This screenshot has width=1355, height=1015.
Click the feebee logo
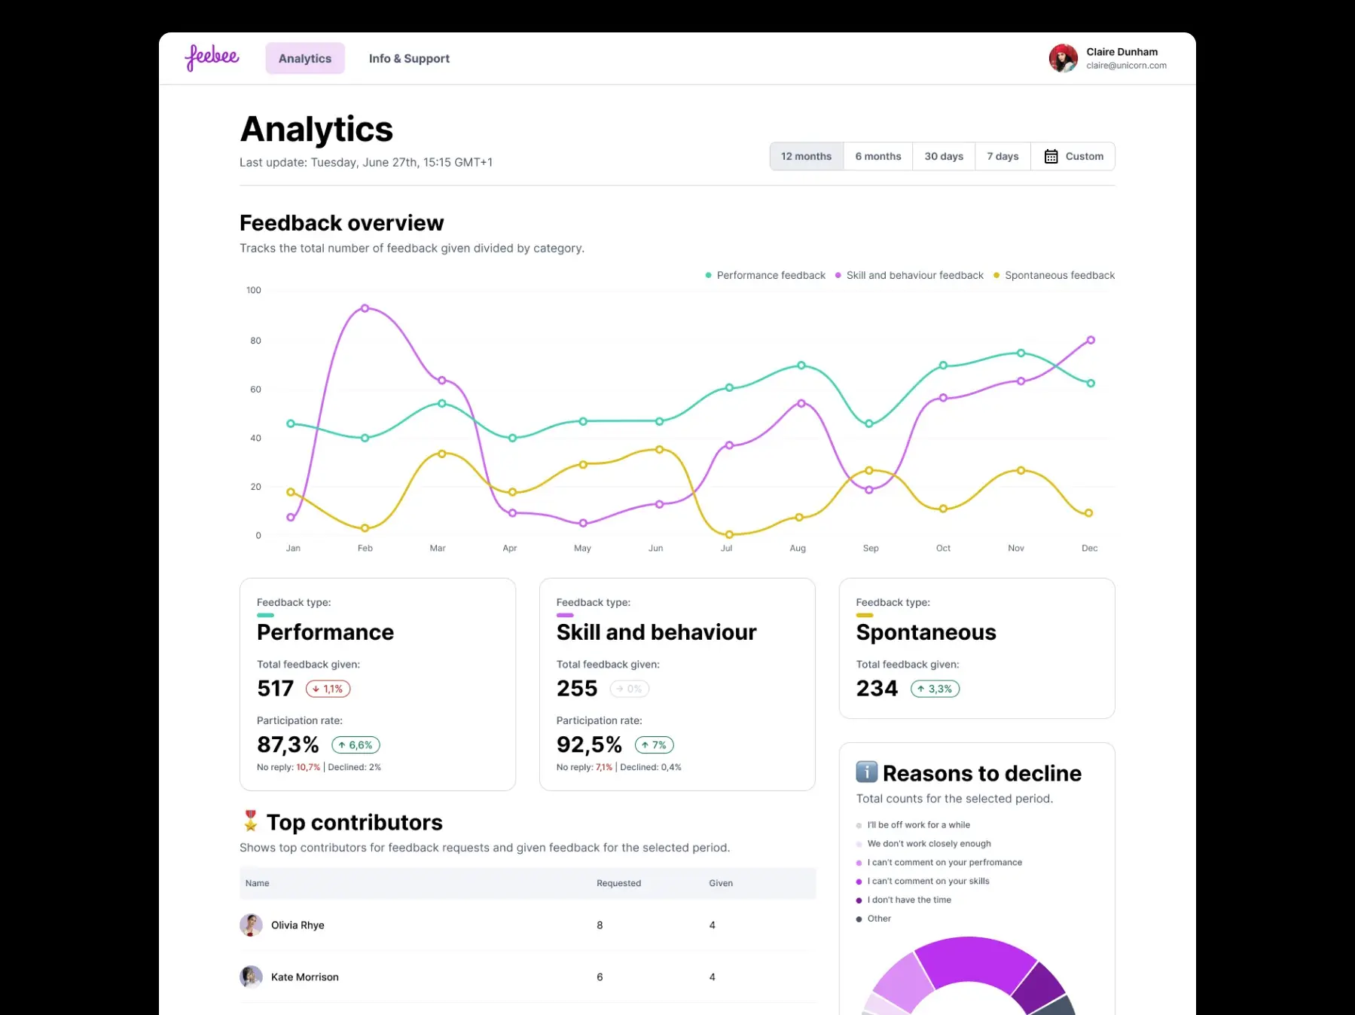point(212,57)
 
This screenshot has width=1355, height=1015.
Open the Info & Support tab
point(409,59)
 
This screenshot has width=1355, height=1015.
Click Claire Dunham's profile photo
point(1063,58)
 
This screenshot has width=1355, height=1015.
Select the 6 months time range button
point(877,157)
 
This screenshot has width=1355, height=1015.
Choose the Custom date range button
point(1073,157)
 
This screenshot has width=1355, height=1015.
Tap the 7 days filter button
point(1003,157)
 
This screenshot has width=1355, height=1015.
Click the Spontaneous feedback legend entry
point(1054,276)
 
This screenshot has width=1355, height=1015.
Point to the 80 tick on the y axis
point(256,341)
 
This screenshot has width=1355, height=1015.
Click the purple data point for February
point(365,308)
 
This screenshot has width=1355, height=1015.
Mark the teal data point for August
point(801,365)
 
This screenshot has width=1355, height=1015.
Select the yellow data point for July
point(729,535)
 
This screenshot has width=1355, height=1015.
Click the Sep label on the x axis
point(871,549)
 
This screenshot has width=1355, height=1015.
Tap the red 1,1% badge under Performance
point(328,689)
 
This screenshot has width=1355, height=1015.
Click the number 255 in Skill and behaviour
point(577,689)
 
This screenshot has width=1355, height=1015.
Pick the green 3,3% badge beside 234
point(935,689)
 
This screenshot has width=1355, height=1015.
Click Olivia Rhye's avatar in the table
point(251,925)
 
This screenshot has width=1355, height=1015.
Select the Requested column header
point(618,883)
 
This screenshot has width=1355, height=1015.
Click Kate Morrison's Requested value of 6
point(600,977)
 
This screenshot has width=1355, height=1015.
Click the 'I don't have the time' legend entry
point(908,900)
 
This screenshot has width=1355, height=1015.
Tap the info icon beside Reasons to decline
point(867,772)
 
